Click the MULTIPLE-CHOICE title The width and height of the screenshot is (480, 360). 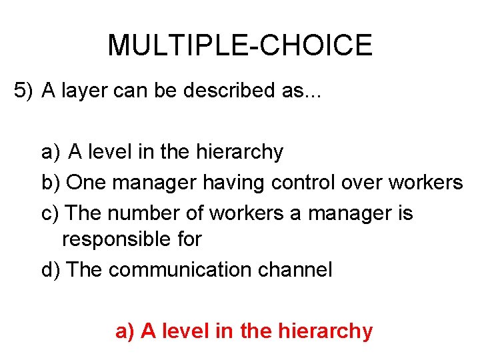pos(239,45)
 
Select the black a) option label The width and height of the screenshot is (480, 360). pos(51,153)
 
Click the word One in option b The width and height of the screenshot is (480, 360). pos(86,182)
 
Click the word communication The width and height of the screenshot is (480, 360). pos(178,270)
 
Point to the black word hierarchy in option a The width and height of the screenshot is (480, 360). pos(239,153)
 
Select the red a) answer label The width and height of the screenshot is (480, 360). pos(125,331)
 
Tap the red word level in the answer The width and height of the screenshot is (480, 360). pos(185,331)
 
